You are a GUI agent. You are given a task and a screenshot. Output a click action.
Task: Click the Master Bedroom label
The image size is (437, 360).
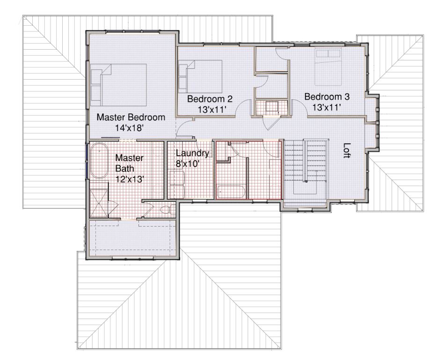click(131, 117)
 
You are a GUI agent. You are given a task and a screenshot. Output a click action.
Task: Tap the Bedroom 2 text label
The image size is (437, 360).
click(210, 99)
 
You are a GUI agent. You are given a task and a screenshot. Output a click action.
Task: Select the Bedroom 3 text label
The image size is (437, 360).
click(327, 97)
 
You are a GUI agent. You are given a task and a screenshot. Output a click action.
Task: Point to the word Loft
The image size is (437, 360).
click(347, 150)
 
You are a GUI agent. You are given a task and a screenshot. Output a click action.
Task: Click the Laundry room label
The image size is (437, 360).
click(192, 154)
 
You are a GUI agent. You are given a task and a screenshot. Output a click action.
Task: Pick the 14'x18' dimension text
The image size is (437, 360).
click(129, 128)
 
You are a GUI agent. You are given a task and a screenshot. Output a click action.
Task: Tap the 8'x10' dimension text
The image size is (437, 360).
click(187, 163)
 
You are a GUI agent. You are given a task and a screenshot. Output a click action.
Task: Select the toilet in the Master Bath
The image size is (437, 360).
click(168, 209)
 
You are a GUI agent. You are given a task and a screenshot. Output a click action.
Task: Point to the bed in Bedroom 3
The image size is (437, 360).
click(328, 67)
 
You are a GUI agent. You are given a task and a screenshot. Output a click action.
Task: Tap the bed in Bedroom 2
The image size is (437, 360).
click(200, 76)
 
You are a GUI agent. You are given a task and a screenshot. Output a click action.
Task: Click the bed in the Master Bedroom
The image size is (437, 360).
click(118, 85)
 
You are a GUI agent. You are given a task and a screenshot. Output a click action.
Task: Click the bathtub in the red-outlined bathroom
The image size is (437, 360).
click(231, 192)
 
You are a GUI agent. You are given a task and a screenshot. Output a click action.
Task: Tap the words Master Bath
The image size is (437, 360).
click(129, 163)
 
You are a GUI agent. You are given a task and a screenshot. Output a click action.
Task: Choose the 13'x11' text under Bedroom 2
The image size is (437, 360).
click(211, 110)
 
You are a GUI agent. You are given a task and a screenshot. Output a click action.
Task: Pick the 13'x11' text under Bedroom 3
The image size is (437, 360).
click(327, 107)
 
